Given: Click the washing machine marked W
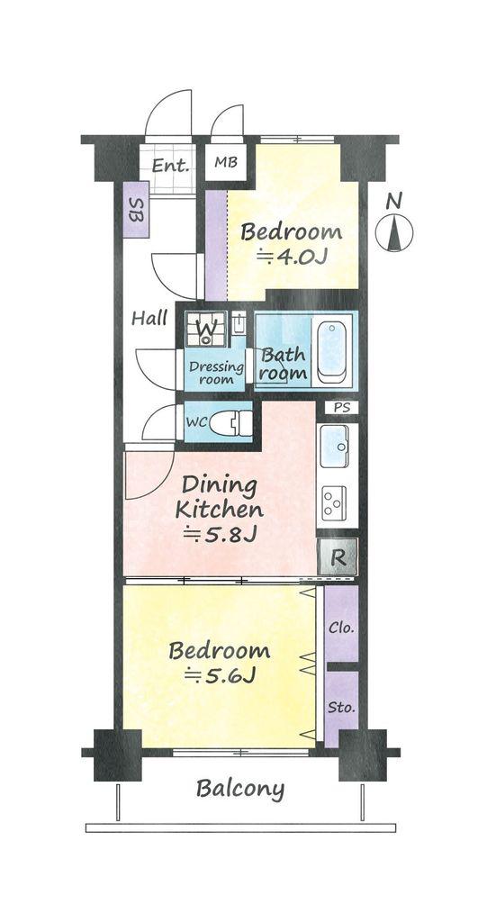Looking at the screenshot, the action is [x=205, y=330].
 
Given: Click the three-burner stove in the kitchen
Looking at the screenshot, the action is [x=334, y=504].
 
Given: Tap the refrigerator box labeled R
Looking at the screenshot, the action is [x=338, y=556].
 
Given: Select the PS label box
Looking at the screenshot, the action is [x=341, y=408].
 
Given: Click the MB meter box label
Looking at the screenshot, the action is [x=225, y=161].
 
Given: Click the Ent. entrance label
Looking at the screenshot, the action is [x=170, y=166].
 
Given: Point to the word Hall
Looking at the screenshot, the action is [x=149, y=319].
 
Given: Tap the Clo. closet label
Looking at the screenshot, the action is [x=341, y=628].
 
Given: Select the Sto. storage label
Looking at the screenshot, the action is [x=342, y=706].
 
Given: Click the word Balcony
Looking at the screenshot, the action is [x=240, y=789].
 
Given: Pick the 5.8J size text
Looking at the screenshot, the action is [x=220, y=535].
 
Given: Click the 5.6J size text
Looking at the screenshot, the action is [x=220, y=676].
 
